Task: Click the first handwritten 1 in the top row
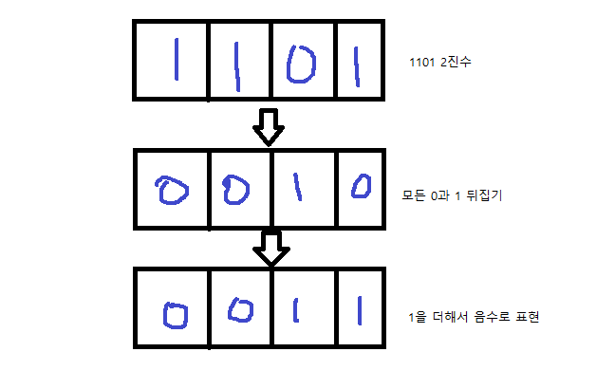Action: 177,59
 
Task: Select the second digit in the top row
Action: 237,66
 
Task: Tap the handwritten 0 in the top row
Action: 301,65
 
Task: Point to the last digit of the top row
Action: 357,66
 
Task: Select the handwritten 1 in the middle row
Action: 298,188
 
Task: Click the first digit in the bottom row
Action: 165,316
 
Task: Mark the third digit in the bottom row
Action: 296,310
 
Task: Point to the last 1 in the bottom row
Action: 360,310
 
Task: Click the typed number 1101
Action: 422,63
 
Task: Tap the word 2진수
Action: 456,62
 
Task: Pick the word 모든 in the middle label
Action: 414,194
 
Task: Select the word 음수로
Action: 492,317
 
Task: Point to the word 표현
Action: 528,317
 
